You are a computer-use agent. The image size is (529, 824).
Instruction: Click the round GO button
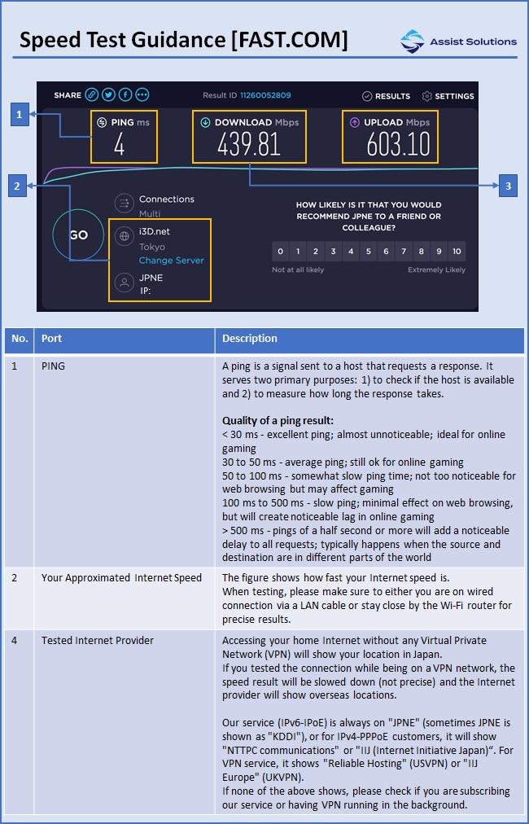pyautogui.click(x=78, y=234)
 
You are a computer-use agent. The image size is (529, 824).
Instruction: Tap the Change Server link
pyautogui.click(x=171, y=260)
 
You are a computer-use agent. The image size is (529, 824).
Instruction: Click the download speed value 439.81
pyautogui.click(x=249, y=144)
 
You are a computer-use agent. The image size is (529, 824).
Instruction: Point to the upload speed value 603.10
pyautogui.click(x=398, y=144)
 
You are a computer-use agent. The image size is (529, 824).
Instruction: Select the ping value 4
pyautogui.click(x=120, y=144)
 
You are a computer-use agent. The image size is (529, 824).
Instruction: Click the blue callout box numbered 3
pyautogui.click(x=508, y=186)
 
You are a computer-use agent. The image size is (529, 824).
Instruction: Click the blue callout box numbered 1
pyautogui.click(x=20, y=114)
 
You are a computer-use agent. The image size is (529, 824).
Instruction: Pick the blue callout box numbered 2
pyautogui.click(x=17, y=186)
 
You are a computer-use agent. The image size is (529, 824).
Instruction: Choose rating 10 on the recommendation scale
pyautogui.click(x=457, y=252)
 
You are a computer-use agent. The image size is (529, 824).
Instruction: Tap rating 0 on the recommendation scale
pyautogui.click(x=281, y=252)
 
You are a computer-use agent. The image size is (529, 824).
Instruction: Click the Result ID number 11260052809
pyautogui.click(x=265, y=95)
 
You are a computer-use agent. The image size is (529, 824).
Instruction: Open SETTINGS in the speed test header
pyautogui.click(x=448, y=96)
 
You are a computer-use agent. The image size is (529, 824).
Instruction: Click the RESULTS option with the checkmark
pyautogui.click(x=386, y=96)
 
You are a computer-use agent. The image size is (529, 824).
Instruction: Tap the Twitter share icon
pyautogui.click(x=109, y=94)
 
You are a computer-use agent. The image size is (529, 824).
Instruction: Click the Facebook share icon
pyautogui.click(x=125, y=94)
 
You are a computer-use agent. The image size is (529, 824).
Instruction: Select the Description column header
pyautogui.click(x=250, y=339)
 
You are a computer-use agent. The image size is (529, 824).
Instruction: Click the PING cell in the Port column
pyautogui.click(x=53, y=366)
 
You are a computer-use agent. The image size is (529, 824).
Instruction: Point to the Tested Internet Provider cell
pyautogui.click(x=98, y=641)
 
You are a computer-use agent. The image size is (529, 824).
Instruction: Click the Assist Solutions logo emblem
pyautogui.click(x=413, y=41)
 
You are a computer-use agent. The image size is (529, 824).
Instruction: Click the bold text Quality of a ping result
pyautogui.click(x=278, y=420)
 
